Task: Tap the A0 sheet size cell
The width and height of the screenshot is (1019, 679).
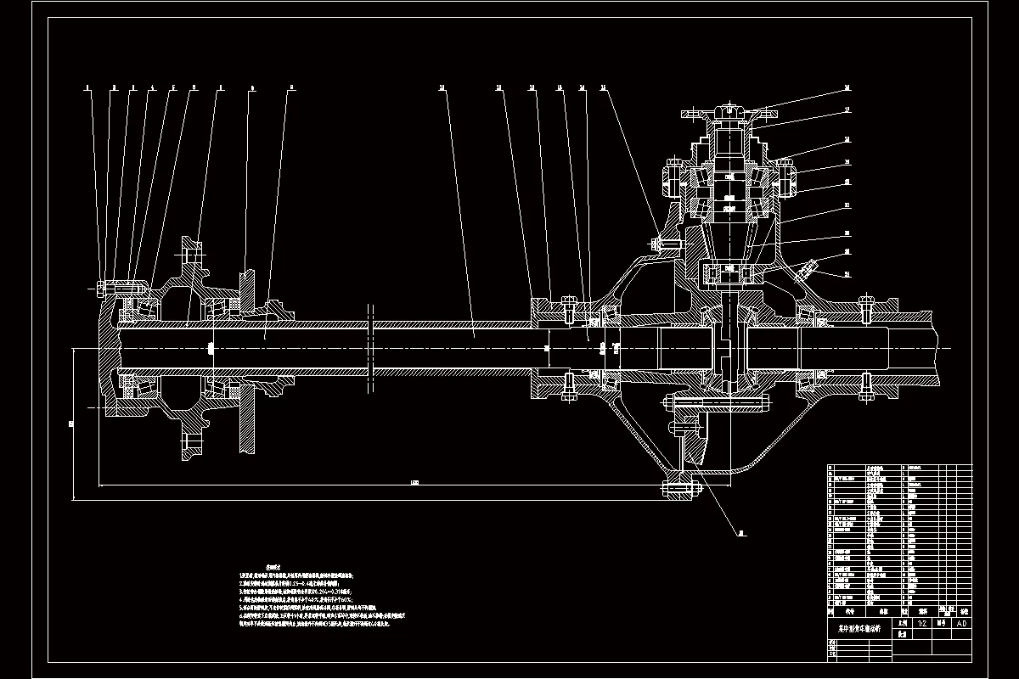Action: pos(960,622)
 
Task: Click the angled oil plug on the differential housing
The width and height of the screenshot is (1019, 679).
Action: pos(804,271)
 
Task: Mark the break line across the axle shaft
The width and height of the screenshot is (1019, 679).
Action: pos(370,348)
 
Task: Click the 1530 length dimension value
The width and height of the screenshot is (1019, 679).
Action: pos(414,483)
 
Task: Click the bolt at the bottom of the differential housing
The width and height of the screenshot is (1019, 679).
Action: pos(679,487)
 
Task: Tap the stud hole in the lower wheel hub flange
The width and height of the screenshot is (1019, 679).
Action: pos(191,443)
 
